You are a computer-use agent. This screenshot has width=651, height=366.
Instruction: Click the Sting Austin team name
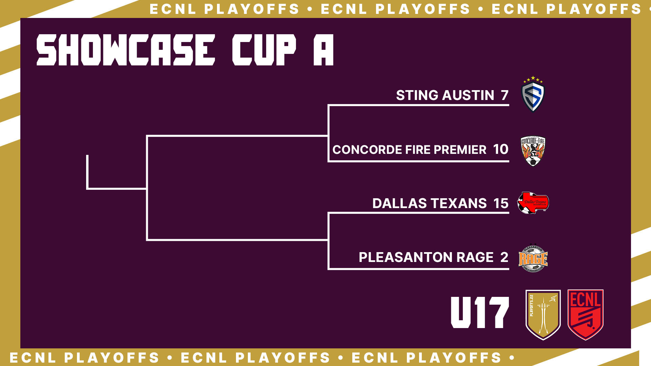[x=445, y=95]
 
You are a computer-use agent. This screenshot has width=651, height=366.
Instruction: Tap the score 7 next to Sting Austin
[x=505, y=95]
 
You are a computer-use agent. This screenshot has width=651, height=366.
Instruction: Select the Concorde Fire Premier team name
[x=409, y=149]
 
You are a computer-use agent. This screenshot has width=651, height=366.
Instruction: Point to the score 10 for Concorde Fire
[x=501, y=149]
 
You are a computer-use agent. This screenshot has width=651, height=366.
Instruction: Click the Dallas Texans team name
[x=430, y=203]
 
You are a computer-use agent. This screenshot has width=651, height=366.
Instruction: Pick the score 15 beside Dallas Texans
[x=501, y=203]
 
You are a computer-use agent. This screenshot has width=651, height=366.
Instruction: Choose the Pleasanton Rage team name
[x=426, y=257]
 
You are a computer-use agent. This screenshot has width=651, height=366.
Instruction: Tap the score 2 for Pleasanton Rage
[x=505, y=257]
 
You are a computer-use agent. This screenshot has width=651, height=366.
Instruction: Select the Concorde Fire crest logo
[x=533, y=151]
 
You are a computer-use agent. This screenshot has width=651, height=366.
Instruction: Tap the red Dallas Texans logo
[x=533, y=203]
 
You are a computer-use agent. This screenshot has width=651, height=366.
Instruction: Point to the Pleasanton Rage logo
[x=533, y=259]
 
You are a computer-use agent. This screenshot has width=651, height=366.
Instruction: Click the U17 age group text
[x=480, y=312]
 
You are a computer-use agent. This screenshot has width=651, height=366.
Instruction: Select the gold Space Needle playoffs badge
[x=543, y=314]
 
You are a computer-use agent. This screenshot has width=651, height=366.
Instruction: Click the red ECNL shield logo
[x=586, y=314]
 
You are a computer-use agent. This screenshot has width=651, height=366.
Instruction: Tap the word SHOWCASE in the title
[x=126, y=50]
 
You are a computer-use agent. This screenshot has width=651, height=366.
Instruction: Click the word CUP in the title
[x=264, y=50]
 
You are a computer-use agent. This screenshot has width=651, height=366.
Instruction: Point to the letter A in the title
[x=323, y=50]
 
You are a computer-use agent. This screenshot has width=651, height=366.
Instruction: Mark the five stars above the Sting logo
[x=533, y=80]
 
